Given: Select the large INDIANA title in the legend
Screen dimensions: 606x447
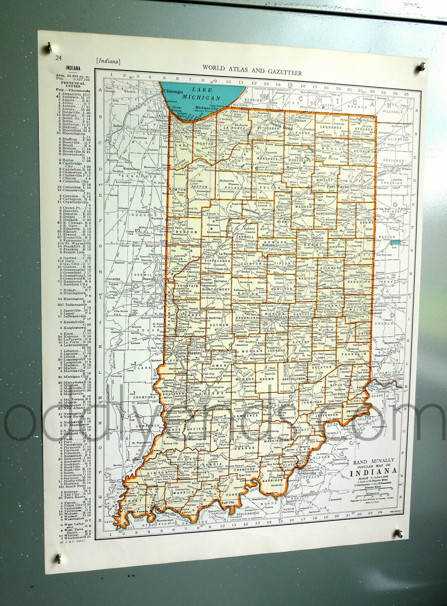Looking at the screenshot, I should click(373, 471).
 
